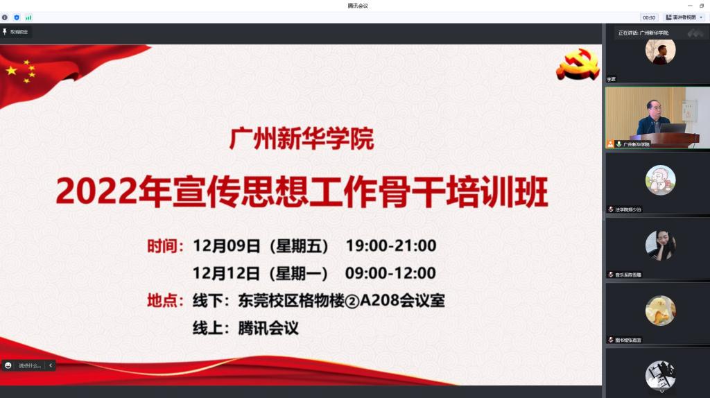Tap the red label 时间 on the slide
pyautogui.click(x=164, y=245)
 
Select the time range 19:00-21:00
pyautogui.click(x=391, y=245)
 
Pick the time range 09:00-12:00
pyautogui.click(x=390, y=273)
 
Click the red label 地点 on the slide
pyautogui.click(x=164, y=301)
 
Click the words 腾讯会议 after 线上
pyautogui.click(x=268, y=329)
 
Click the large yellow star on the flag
pyautogui.click(x=12, y=71)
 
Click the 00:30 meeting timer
pyautogui.click(x=649, y=17)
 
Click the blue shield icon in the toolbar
pyautogui.click(x=17, y=17)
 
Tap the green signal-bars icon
pyautogui.click(x=28, y=17)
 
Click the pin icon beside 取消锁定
pyautogui.click(x=5, y=32)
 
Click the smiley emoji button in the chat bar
pyautogui.click(x=8, y=365)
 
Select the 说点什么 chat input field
pyautogui.click(x=30, y=365)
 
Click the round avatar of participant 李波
pyautogui.click(x=660, y=51)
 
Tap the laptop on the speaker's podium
pyautogui.click(x=672, y=128)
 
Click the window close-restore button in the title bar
pyautogui.click(x=701, y=6)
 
